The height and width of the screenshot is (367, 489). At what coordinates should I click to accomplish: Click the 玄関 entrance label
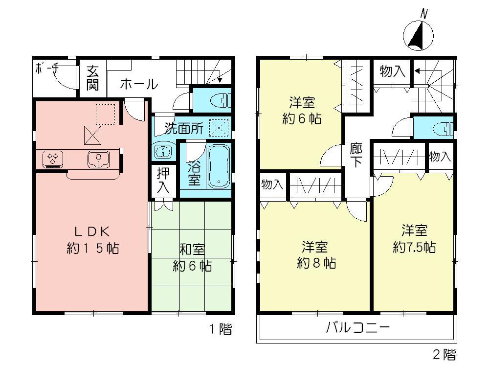(x=93, y=78)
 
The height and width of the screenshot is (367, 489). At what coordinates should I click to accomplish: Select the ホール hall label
(x=138, y=84)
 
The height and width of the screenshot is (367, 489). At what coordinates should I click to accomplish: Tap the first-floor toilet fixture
(x=220, y=101)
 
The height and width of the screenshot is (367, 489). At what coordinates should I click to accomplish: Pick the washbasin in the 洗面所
(x=162, y=151)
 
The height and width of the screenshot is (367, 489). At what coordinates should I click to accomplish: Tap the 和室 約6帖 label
(x=192, y=258)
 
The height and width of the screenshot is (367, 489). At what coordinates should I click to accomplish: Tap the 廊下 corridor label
(x=356, y=155)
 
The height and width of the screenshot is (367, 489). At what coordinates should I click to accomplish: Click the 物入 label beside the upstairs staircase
(x=393, y=71)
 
